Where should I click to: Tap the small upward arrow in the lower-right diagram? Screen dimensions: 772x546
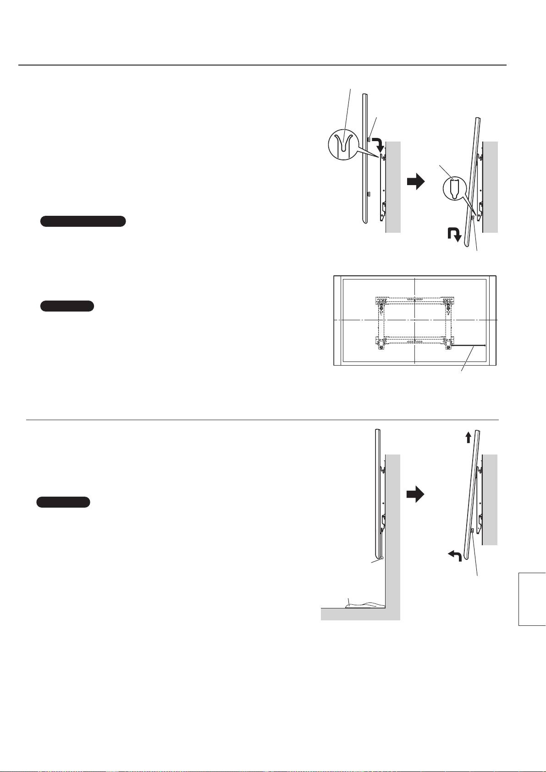pos(468,438)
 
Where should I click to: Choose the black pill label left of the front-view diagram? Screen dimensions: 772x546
pos(67,306)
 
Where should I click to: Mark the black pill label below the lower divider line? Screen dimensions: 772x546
pos(63,502)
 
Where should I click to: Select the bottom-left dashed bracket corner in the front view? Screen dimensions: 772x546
pos(381,343)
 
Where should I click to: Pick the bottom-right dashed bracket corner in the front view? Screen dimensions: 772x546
pos(448,343)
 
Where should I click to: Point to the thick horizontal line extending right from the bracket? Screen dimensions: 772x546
pos(469,345)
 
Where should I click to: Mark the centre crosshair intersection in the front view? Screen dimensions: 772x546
pos(414,320)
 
